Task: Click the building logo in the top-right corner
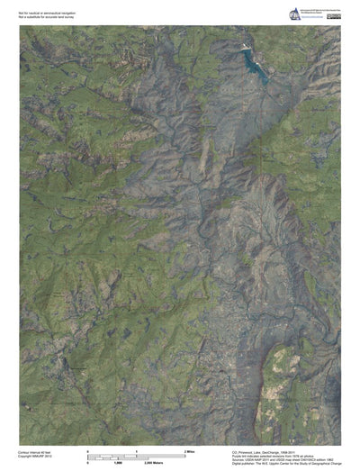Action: [x=293, y=14]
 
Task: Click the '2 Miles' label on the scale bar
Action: [x=190, y=449]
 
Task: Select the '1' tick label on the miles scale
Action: [x=136, y=449]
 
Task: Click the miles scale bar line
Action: [x=136, y=453]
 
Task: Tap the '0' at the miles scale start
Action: [x=88, y=449]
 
